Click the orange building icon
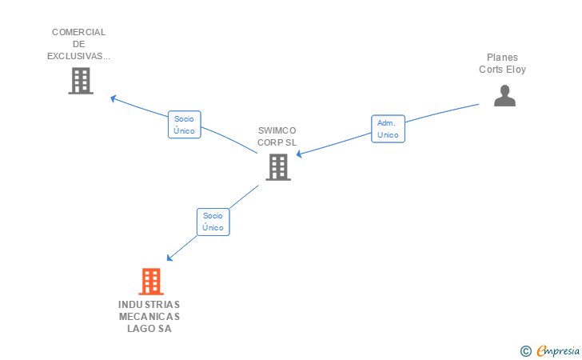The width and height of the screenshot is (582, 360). pyautogui.click(x=151, y=282)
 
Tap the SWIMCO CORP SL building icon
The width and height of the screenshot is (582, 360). pyautogui.click(x=278, y=167)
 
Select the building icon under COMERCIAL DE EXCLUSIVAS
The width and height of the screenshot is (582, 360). pyautogui.click(x=81, y=81)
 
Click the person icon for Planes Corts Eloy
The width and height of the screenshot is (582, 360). pyautogui.click(x=504, y=95)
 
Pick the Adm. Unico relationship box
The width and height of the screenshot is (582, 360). pyautogui.click(x=388, y=129)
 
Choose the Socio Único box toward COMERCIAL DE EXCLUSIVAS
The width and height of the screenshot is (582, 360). pyautogui.click(x=184, y=125)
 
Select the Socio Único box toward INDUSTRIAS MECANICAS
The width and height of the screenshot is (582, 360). pyautogui.click(x=213, y=222)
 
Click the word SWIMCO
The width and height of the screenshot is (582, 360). pyautogui.click(x=277, y=130)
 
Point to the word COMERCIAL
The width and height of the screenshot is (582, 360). pyautogui.click(x=78, y=32)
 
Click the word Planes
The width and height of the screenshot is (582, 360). pyautogui.click(x=502, y=58)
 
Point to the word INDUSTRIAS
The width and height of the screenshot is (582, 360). pyautogui.click(x=149, y=305)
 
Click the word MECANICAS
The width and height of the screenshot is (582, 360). pyautogui.click(x=149, y=317)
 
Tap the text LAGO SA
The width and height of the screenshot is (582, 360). pyautogui.click(x=149, y=329)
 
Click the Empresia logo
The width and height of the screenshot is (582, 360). pyautogui.click(x=558, y=350)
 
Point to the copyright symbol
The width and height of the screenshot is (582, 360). pyautogui.click(x=525, y=351)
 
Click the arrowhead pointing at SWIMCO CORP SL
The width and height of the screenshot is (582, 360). pyautogui.click(x=299, y=154)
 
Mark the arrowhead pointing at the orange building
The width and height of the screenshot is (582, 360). pyautogui.click(x=169, y=258)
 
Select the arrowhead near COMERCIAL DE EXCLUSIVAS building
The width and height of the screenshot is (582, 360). pyautogui.click(x=114, y=98)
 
